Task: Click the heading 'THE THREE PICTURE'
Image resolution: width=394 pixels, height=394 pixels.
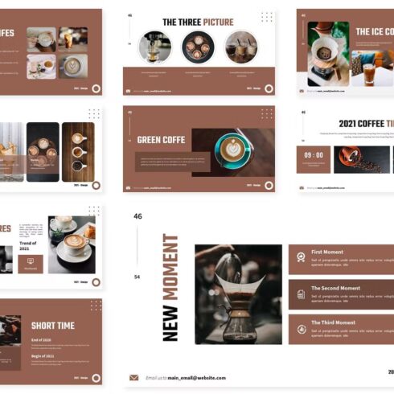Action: (198, 22)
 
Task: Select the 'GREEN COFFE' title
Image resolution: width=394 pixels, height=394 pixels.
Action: (161, 139)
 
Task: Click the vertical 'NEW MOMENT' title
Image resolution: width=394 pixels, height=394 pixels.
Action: (170, 287)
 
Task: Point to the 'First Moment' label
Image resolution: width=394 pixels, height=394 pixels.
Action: (326, 252)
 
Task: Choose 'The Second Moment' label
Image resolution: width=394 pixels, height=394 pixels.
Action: (335, 287)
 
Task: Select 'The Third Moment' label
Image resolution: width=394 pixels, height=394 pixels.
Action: (333, 322)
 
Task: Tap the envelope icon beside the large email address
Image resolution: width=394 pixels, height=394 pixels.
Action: (134, 377)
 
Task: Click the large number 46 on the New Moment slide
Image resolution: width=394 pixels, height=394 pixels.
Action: (137, 216)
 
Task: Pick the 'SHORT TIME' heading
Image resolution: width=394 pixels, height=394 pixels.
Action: (53, 326)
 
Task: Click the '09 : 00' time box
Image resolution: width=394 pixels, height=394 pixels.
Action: (314, 155)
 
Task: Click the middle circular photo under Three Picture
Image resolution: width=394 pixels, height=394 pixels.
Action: (198, 47)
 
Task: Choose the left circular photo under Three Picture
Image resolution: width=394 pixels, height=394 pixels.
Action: (154, 47)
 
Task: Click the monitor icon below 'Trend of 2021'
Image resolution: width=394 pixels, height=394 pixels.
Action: (31, 261)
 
